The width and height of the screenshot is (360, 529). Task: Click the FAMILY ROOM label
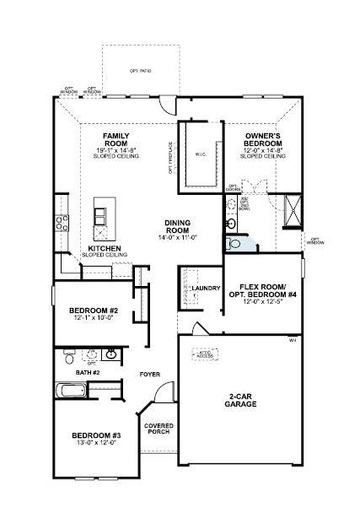(x=115, y=140)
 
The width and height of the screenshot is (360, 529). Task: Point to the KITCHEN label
(x=104, y=249)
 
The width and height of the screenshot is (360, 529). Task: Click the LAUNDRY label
(x=205, y=289)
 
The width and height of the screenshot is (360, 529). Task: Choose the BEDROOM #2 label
(x=93, y=310)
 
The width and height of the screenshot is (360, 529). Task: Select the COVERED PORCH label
(x=159, y=429)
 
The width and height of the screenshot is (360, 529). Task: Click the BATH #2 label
(x=87, y=372)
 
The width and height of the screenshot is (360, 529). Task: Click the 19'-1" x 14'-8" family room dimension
(x=115, y=150)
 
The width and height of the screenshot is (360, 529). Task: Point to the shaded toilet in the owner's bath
(x=235, y=244)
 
